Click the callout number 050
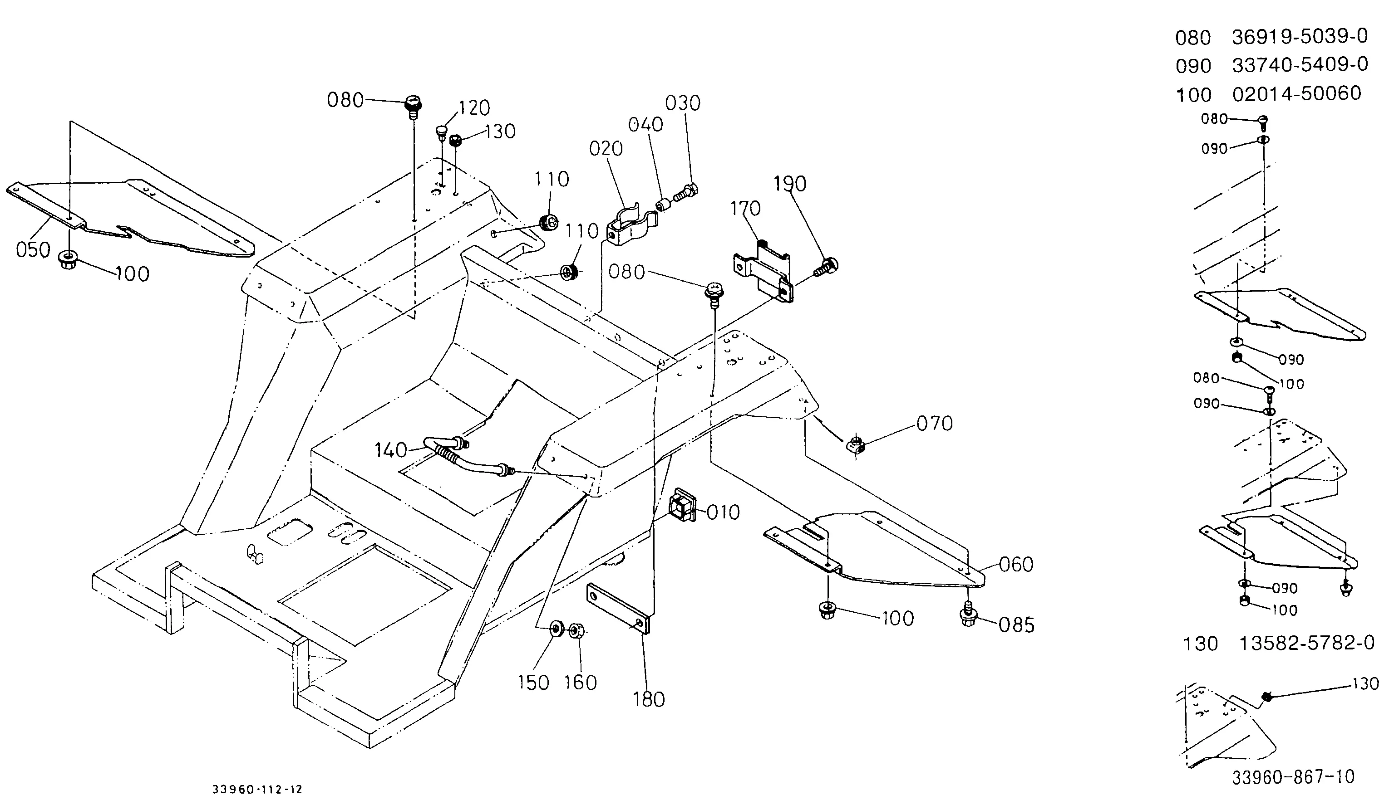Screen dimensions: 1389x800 coord(33,250)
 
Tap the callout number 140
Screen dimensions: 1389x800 coord(391,450)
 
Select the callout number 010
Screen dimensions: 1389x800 coord(723,512)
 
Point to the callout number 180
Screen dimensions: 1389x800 coord(649,699)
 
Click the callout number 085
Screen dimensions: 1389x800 coord(1017,625)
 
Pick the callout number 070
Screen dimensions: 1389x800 coord(934,424)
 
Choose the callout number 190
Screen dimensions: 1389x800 coord(790,184)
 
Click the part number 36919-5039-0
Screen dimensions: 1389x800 coord(1300,36)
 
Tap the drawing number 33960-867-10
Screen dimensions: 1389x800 coord(1293,777)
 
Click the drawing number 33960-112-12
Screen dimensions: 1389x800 coord(257,790)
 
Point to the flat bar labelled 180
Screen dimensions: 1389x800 coord(619,609)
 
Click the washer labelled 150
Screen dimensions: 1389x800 coord(557,628)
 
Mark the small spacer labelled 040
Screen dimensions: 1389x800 coord(664,206)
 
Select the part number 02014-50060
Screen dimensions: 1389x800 coord(1296,93)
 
